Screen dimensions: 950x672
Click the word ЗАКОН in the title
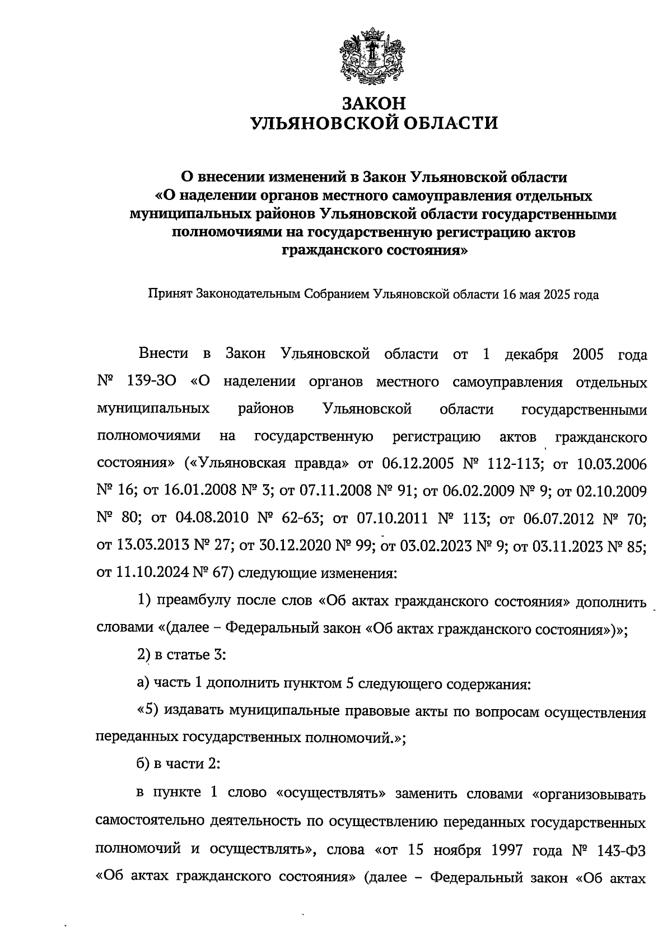pyautogui.click(x=374, y=104)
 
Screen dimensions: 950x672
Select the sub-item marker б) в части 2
pyautogui.click(x=143, y=764)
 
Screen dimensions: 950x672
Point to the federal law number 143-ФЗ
pyautogui.click(x=620, y=850)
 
